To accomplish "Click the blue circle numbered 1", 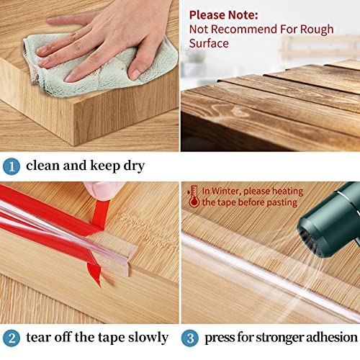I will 11,166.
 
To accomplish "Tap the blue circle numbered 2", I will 11,337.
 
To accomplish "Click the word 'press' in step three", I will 220,337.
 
